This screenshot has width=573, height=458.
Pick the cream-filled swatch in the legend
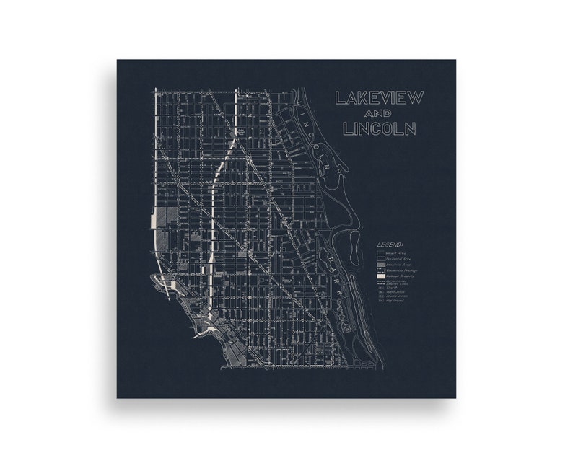point(380,276)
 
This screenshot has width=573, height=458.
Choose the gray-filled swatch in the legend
point(380,265)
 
